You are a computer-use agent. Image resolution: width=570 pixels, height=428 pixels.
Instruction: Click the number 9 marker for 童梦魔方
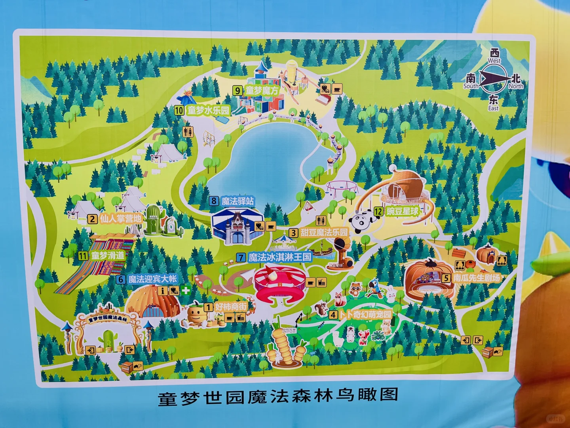pyautogui.click(x=237, y=91)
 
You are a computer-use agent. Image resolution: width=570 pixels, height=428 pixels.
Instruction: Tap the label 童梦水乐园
pyautogui.click(x=208, y=110)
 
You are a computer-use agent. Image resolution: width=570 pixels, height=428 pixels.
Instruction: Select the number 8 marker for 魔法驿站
pyautogui.click(x=214, y=201)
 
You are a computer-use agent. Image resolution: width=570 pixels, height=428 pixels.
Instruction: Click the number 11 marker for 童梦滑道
pyautogui.click(x=83, y=256)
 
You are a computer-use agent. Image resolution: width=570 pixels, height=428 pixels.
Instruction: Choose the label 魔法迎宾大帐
pyautogui.click(x=153, y=279)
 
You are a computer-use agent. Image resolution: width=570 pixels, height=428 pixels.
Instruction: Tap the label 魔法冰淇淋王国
pyautogui.click(x=280, y=257)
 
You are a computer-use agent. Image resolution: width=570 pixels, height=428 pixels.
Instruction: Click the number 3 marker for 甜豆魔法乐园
pyautogui.click(x=293, y=233)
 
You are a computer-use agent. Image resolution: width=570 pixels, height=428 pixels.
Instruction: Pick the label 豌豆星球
pyautogui.click(x=402, y=211)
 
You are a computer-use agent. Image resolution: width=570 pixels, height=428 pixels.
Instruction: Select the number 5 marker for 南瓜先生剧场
pyautogui.click(x=446, y=278)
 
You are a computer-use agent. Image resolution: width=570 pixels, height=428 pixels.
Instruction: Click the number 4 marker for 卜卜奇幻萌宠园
pyautogui.click(x=333, y=315)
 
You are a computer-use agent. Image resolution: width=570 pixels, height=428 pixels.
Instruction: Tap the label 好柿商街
pyautogui.click(x=231, y=307)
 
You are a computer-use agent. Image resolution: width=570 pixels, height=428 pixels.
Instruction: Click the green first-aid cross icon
pyautogui.click(x=185, y=290)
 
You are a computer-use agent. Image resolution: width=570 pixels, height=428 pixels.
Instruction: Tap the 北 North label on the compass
pyautogui.click(x=516, y=81)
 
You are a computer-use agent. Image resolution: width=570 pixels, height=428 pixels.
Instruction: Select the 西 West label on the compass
pyautogui.click(x=494, y=55)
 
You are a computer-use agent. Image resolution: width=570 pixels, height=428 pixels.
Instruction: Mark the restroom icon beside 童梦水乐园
pyautogui.click(x=188, y=132)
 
